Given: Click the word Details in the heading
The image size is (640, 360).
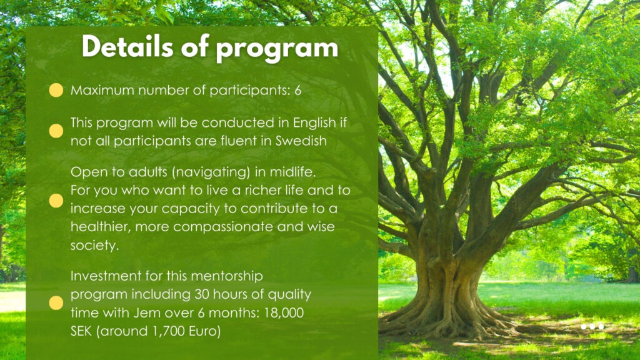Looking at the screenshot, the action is (127, 46).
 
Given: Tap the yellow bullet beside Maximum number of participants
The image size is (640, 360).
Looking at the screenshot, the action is (56, 90).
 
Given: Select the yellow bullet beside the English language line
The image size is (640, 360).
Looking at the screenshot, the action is (56, 131).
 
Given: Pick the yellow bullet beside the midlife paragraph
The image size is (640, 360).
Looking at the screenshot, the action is (56, 201).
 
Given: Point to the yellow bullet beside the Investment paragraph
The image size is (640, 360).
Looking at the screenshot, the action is (56, 303).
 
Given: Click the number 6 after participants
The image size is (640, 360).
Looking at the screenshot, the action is (298, 90).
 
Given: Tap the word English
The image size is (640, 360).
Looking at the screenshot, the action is (315, 123).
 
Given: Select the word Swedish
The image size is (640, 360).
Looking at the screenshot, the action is (301, 141).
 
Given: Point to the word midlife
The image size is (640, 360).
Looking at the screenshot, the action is (293, 172).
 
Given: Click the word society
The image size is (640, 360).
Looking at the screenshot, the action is (95, 245).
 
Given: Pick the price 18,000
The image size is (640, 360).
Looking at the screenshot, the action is (284, 314).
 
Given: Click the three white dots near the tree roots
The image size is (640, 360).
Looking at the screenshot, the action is (592, 326).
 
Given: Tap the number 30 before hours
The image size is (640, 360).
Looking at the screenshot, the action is (202, 295).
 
